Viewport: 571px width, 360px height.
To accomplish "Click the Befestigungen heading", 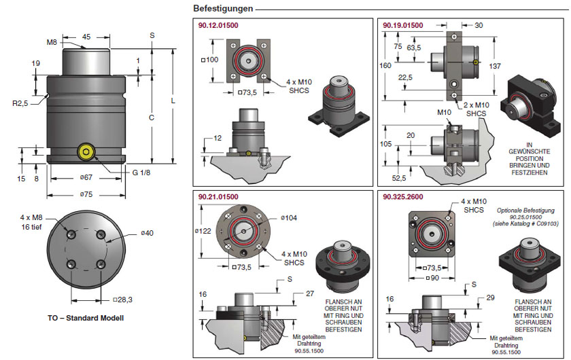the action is (223, 8).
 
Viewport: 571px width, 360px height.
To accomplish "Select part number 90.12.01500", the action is (218, 26).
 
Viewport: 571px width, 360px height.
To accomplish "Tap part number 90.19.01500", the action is (402, 26).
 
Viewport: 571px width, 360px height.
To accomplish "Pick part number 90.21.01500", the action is (218, 197).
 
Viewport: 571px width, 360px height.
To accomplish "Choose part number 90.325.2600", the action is (402, 197).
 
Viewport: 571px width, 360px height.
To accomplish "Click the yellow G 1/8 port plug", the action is (86, 151).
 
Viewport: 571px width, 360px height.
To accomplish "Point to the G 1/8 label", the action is (141, 173).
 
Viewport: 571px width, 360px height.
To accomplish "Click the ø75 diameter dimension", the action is (86, 194).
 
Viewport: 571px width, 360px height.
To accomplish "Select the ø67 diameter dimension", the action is (86, 177).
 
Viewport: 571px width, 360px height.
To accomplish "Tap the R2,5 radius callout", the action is (20, 103).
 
